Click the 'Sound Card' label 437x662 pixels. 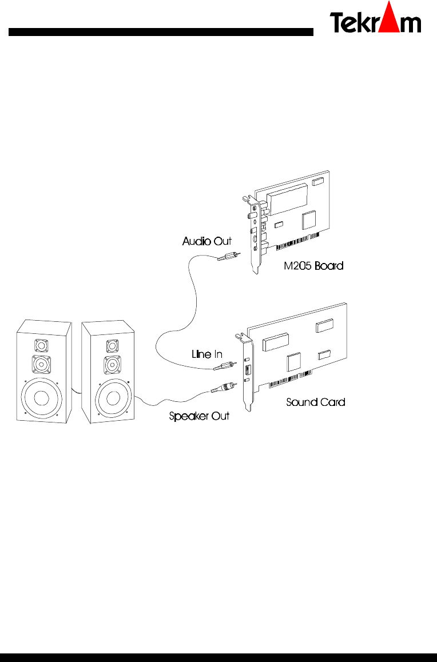tap(315, 402)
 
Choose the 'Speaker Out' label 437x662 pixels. tap(199, 416)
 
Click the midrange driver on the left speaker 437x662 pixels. tap(40, 364)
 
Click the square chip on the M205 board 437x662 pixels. tap(310, 218)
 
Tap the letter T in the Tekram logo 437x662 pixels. tap(338, 23)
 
